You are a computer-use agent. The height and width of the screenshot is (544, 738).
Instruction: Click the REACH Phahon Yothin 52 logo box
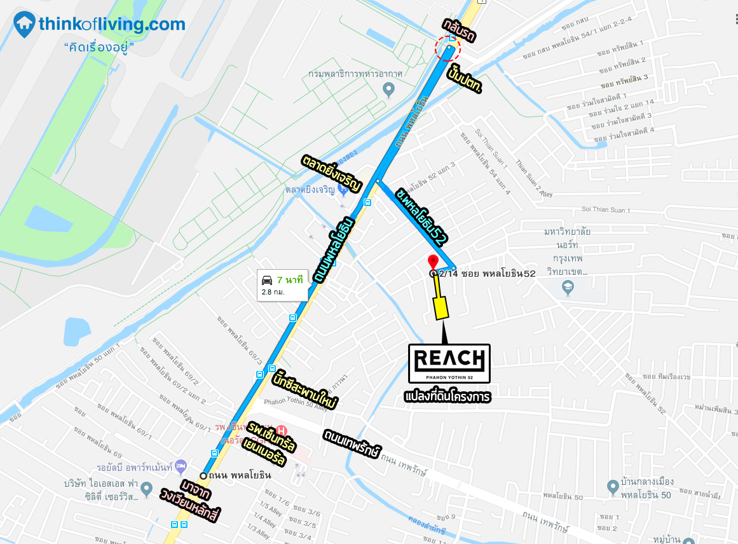(450, 363)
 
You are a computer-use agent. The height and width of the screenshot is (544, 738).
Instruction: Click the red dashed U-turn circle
(448, 49)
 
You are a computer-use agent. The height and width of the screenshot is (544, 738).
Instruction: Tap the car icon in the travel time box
(268, 280)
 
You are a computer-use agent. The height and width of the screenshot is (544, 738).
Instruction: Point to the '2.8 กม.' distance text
(273, 292)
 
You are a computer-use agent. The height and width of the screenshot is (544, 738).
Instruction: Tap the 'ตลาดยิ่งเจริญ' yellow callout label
(332, 172)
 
